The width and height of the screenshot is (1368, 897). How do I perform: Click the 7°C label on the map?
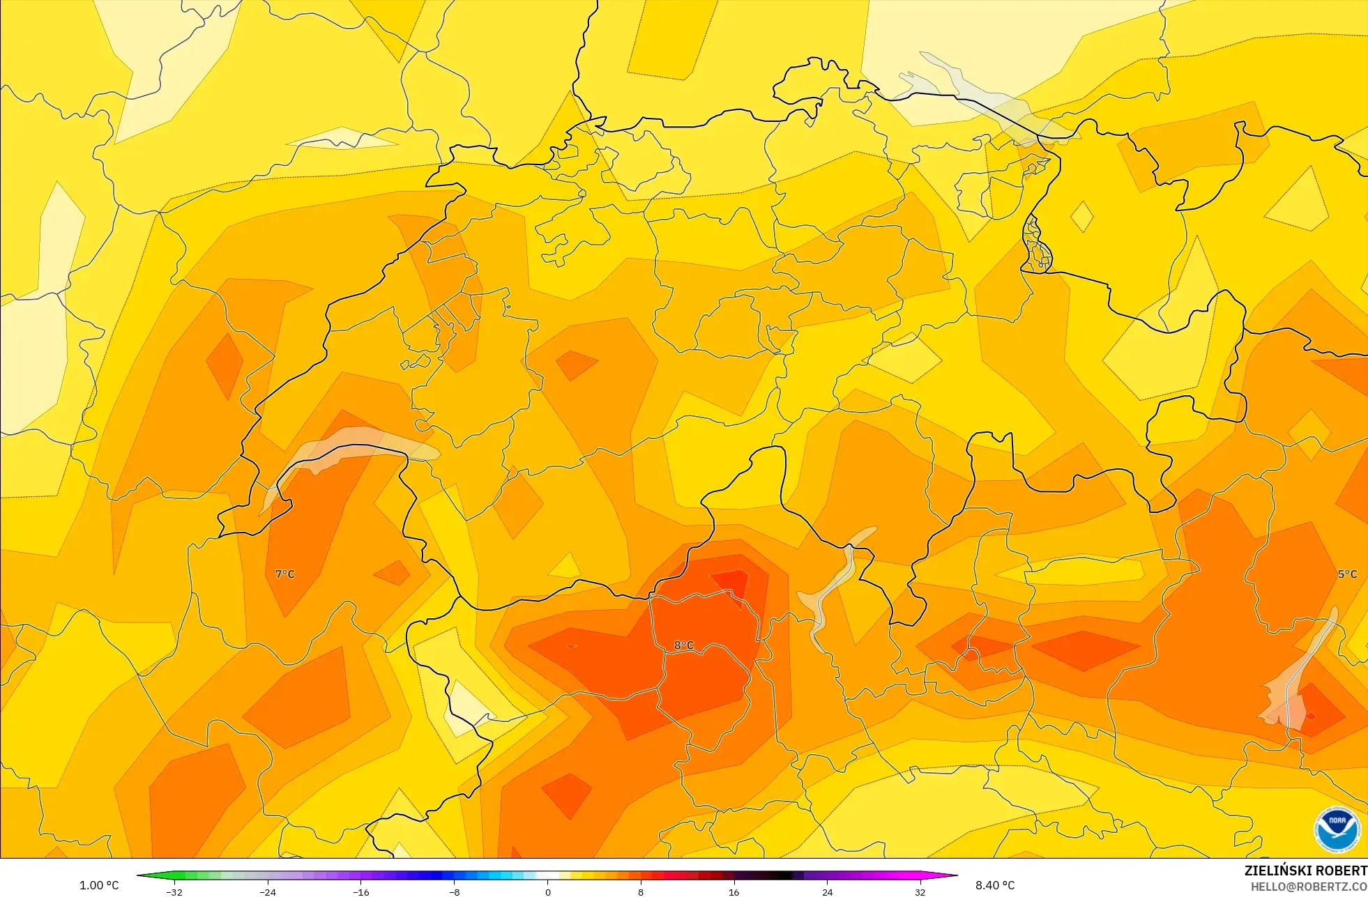(285, 574)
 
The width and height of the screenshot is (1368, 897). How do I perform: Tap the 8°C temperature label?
(684, 645)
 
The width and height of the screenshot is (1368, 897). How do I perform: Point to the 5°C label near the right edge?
(1347, 574)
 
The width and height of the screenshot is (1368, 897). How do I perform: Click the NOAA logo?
(1337, 829)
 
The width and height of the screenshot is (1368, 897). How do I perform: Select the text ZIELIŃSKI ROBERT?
(1305, 871)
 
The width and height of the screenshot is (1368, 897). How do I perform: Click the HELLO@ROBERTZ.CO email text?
(1308, 887)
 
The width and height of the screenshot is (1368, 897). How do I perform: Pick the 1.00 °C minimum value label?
(99, 885)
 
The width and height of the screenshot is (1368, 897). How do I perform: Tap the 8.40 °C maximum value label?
(995, 885)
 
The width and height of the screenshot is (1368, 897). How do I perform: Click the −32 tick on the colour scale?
(174, 892)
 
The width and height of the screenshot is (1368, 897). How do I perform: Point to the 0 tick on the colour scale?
(548, 892)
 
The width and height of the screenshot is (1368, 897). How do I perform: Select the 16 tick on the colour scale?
(734, 892)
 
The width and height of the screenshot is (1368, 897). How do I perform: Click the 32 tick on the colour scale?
(920, 892)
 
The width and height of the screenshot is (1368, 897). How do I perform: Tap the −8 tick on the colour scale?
(454, 892)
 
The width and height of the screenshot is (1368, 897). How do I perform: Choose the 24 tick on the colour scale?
(827, 892)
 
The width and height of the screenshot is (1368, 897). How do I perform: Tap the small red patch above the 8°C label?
(730, 580)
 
